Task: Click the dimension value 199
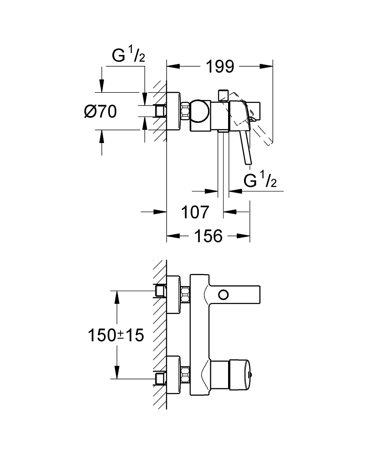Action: [219, 67]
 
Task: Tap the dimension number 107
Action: [195, 212]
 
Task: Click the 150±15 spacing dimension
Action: [116, 336]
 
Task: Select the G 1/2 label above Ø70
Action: [129, 56]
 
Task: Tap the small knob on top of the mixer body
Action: [223, 95]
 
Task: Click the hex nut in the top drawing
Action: [186, 111]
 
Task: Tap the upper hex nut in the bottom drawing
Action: [185, 294]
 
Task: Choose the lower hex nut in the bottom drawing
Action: [185, 376]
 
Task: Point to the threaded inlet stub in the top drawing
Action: [160, 111]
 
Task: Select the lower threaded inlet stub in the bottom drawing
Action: [160, 377]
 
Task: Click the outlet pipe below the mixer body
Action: [223, 160]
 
